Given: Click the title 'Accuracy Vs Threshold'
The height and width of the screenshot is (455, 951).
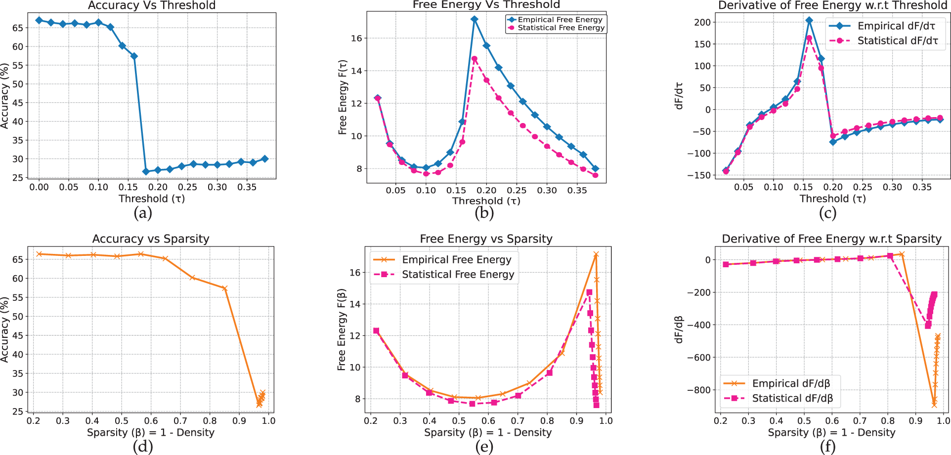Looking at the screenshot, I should [x=152, y=5].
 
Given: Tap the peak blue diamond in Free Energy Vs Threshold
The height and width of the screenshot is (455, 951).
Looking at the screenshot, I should [x=475, y=19].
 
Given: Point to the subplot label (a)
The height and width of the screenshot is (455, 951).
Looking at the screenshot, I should [x=143, y=213].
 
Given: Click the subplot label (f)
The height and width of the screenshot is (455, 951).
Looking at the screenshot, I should [x=827, y=447].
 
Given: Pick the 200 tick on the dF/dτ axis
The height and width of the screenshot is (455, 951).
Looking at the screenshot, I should [x=702, y=22].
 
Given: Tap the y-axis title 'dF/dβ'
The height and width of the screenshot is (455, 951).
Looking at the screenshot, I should [x=679, y=330].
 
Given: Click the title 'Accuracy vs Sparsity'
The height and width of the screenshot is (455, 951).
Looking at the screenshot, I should [x=151, y=239].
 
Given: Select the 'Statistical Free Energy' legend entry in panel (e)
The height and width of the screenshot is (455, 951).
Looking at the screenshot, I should [x=458, y=275].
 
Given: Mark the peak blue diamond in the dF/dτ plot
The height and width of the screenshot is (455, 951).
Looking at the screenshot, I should [x=809, y=21].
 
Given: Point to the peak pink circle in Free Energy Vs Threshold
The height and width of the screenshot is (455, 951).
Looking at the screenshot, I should [x=475, y=59].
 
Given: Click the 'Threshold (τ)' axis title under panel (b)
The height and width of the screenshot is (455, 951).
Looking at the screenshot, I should [x=486, y=201].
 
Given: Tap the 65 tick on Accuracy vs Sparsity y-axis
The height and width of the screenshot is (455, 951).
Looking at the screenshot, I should [x=18, y=259].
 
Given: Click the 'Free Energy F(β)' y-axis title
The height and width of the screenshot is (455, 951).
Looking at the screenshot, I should [x=342, y=329].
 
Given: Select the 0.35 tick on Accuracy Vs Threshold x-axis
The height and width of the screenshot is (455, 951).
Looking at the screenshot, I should [x=247, y=187].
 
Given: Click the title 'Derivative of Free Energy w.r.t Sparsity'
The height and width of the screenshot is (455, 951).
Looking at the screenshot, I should [x=831, y=239].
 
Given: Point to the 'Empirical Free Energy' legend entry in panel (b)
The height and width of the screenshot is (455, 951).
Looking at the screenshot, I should [x=560, y=20].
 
